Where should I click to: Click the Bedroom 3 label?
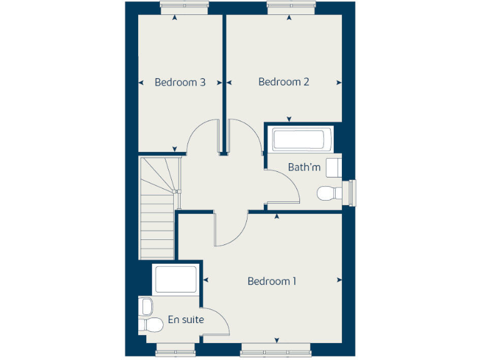click(180, 82)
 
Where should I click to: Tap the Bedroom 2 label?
click(284, 82)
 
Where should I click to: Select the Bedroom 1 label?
click(272, 281)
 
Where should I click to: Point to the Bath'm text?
click(304, 167)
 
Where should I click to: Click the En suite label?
click(186, 320)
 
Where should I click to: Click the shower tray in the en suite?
click(176, 279)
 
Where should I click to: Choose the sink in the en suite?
click(147, 306)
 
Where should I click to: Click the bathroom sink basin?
click(334, 167)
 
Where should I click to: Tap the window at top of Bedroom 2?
click(289, 7)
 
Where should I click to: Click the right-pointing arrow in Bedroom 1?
click(339, 279)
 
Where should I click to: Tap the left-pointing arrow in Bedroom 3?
click(140, 82)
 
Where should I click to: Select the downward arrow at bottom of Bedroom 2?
click(289, 119)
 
